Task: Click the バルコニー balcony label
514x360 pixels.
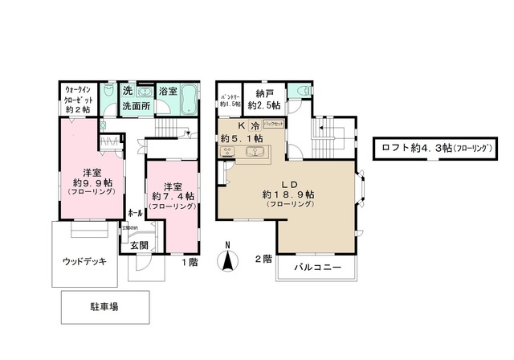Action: pyautogui.click(x=316, y=267)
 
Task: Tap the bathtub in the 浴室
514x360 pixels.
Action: pyautogui.click(x=189, y=103)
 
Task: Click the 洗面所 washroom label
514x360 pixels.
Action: pyautogui.click(x=137, y=106)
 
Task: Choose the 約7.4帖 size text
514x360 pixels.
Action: pyautogui.click(x=173, y=195)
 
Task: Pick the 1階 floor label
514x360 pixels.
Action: pyautogui.click(x=190, y=262)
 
